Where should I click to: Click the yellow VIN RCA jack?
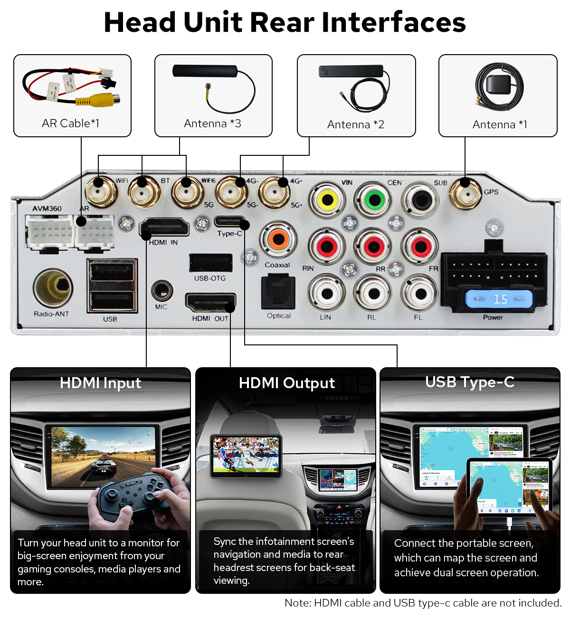[x=327, y=200]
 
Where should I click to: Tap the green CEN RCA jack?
[x=374, y=200]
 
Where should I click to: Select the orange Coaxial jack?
[x=278, y=239]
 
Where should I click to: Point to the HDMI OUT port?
[x=210, y=303]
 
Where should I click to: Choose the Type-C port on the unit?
[x=229, y=221]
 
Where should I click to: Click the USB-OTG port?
[x=210, y=263]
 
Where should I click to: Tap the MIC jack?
[x=161, y=291]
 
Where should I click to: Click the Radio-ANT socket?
[x=53, y=287]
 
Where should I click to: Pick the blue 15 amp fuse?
[x=499, y=299]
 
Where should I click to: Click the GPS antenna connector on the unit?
[x=465, y=192]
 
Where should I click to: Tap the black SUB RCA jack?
[x=420, y=200]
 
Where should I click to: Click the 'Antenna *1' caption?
[x=500, y=124]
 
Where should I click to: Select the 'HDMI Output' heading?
[x=286, y=383]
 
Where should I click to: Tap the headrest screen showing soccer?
[x=246, y=455]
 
